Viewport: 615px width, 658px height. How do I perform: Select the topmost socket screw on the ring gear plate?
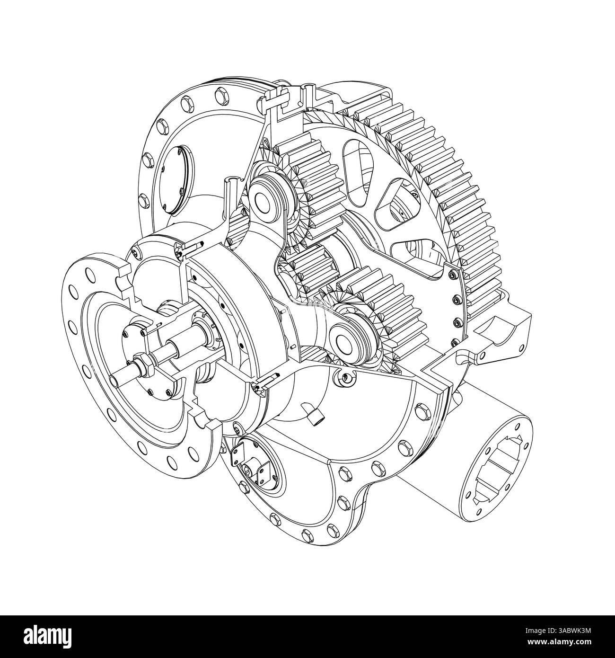coord(454,275)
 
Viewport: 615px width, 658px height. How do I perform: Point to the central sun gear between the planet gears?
coord(308,266)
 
